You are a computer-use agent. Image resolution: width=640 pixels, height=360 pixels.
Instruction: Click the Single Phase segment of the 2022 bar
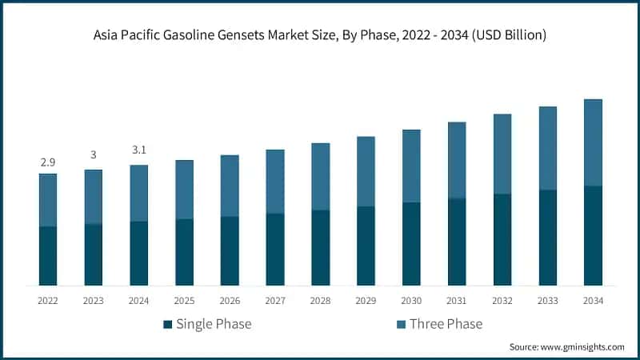(48, 256)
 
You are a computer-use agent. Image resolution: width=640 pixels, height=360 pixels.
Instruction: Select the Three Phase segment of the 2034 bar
(593, 142)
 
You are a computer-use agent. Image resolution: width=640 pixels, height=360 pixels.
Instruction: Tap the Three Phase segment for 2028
(320, 177)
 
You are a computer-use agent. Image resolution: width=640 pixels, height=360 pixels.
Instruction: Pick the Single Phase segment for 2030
(411, 244)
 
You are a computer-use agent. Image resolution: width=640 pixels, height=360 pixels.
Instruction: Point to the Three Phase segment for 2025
(184, 190)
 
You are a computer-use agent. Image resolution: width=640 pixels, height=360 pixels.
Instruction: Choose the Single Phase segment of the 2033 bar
(547, 238)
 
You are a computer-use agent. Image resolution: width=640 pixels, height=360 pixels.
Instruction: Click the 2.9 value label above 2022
(48, 162)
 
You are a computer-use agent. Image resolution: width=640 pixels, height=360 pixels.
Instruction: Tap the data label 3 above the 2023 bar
(94, 155)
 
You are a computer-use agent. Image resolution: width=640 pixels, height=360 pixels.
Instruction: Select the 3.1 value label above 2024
(139, 150)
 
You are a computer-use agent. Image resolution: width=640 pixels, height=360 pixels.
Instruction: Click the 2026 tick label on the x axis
(230, 301)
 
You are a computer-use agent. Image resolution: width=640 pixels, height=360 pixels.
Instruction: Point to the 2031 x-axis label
(457, 301)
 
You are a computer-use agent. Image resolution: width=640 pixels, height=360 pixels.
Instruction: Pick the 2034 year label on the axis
(593, 301)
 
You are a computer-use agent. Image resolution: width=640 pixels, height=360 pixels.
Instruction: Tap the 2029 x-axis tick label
(366, 301)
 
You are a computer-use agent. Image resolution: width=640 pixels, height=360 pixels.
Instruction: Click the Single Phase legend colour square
(167, 324)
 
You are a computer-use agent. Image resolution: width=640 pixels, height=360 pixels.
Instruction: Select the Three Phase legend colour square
(400, 324)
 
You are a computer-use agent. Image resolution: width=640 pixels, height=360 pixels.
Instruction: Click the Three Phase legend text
(446, 324)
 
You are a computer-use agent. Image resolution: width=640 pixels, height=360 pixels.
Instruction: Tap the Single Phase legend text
(214, 324)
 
